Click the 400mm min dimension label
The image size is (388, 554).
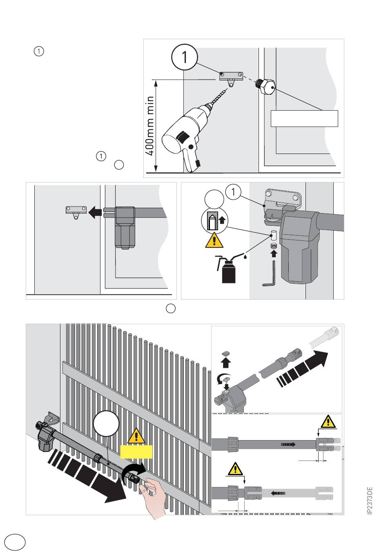150,126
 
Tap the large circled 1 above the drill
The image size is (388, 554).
185,57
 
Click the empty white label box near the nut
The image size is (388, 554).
304,118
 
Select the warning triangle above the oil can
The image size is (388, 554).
214,241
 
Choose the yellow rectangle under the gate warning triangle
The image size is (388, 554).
136,452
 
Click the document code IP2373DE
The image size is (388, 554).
370,500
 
